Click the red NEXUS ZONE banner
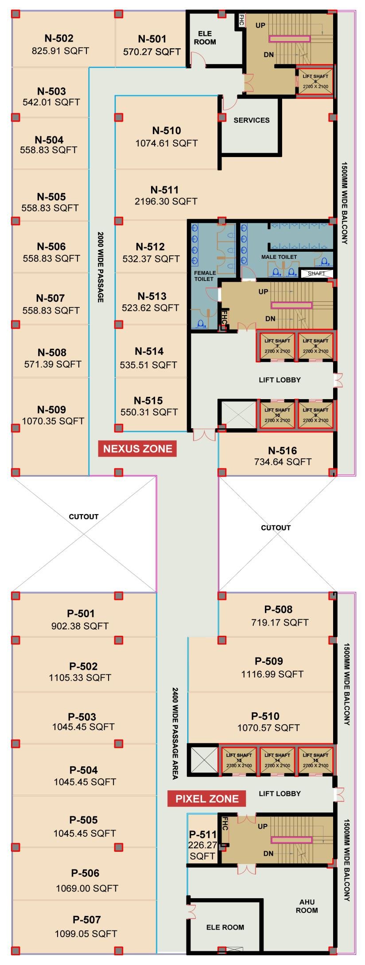137,449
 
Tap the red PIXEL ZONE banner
207,799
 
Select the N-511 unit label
164,190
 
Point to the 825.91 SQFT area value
60,51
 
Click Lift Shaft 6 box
315,82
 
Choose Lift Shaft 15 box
315,760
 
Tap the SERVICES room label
252,120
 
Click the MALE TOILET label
279,257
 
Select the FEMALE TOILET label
204,276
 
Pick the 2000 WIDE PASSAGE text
101,267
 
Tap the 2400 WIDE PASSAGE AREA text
175,734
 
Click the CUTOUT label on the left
84,516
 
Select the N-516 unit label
282,451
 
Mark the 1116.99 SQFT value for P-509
272,674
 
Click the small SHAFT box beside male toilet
316,273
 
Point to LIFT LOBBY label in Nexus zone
280,380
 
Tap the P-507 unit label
87,918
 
